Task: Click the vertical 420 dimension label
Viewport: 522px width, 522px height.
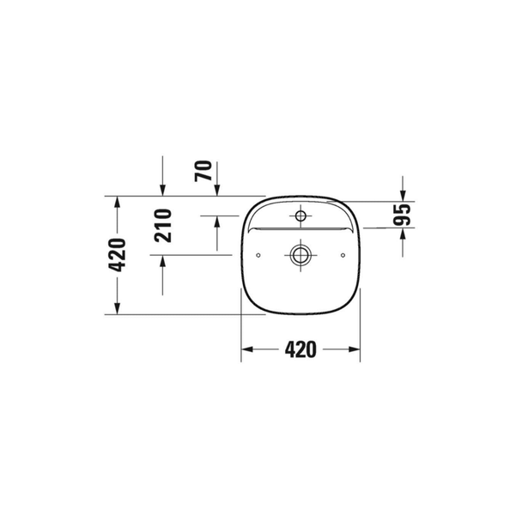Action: click(x=118, y=255)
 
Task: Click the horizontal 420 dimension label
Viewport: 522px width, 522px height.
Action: click(x=300, y=349)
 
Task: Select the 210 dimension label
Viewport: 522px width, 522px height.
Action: click(x=163, y=226)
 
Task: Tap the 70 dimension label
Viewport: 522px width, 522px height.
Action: click(x=203, y=171)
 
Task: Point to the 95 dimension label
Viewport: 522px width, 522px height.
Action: click(x=402, y=215)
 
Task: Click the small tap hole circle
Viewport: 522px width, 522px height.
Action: click(x=300, y=215)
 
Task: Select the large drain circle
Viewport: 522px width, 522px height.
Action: click(x=300, y=255)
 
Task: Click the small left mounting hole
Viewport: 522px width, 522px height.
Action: click(x=258, y=255)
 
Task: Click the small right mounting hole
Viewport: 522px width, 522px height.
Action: click(x=343, y=255)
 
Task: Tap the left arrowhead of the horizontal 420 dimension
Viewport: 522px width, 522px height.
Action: click(x=247, y=349)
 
